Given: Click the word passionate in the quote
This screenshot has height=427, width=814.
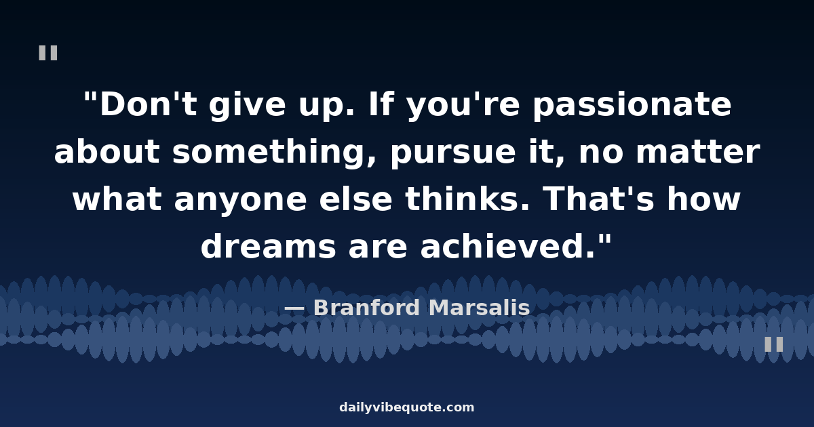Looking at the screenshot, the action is click(632, 106).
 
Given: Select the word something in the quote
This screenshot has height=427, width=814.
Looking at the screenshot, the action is click(273, 152).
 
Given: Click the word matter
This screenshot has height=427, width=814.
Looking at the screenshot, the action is click(698, 152).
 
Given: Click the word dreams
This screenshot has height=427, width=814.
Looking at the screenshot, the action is click(268, 246).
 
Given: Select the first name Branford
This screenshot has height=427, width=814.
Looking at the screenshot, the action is click(367, 308).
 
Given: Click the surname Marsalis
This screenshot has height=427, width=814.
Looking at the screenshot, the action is click(480, 308).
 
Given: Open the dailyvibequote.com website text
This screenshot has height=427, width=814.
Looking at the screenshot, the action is click(406, 407).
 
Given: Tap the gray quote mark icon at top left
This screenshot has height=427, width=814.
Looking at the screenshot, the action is click(48, 53).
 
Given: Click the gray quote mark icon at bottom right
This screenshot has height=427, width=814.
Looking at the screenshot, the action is click(774, 344).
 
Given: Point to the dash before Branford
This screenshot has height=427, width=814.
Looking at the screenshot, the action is click(294, 309).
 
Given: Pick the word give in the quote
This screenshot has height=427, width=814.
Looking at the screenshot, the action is click(248, 106).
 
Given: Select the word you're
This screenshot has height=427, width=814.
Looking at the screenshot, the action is click(463, 106).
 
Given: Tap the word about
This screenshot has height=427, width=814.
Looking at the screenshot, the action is click(107, 151).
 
